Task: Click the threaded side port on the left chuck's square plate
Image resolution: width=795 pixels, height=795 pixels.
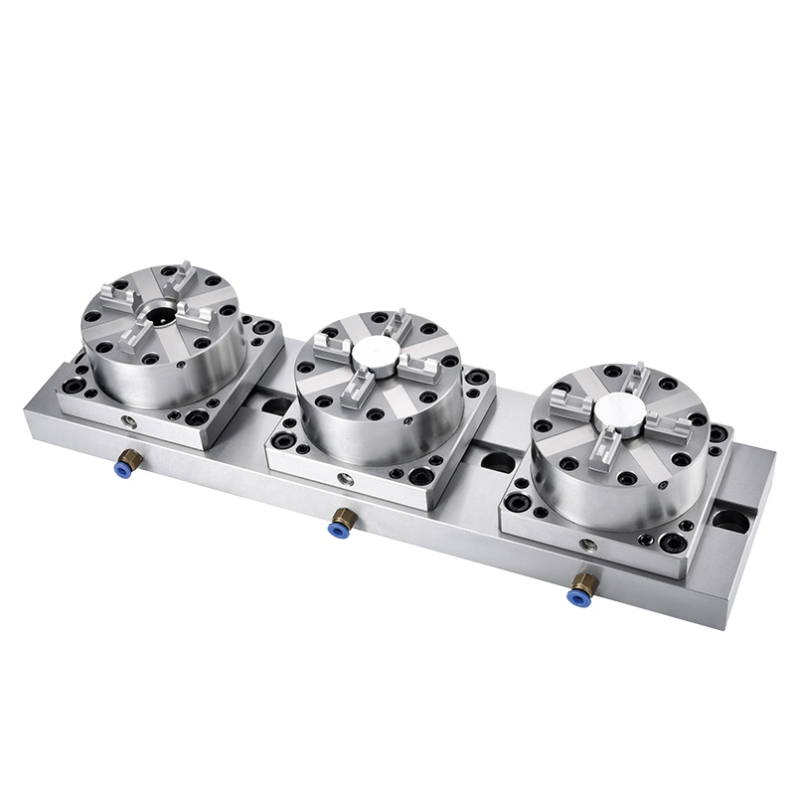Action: click(125, 422)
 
